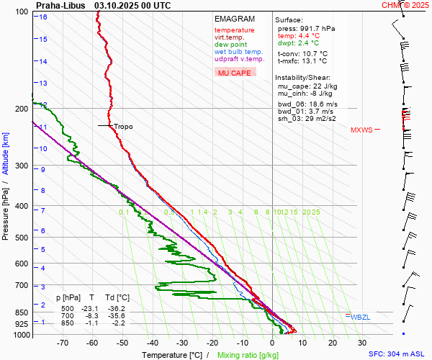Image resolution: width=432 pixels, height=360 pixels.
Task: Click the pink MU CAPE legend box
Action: (x=235, y=73)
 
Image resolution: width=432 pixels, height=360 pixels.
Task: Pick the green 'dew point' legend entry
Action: (x=230, y=45)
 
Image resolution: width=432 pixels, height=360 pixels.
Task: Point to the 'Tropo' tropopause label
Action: (x=123, y=127)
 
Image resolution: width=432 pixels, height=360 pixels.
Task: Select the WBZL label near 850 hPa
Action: (x=361, y=317)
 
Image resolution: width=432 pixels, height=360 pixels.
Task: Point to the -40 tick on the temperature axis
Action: (x=152, y=343)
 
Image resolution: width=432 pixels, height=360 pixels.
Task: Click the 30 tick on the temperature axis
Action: (x=362, y=343)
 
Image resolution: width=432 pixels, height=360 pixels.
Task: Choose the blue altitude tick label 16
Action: (x=43, y=17)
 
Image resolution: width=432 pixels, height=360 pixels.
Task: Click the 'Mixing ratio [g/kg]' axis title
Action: (x=249, y=355)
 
